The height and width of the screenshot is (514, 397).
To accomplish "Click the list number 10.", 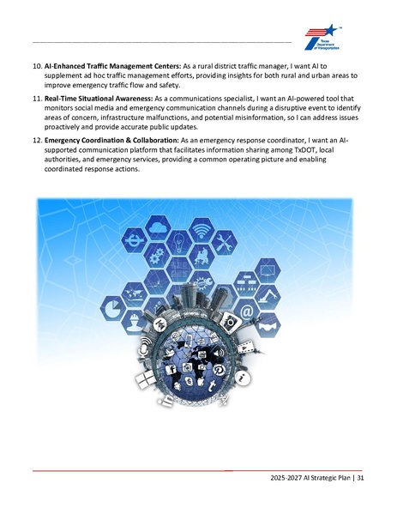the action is tap(38, 65).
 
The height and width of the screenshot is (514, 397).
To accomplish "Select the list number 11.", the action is tap(38, 99).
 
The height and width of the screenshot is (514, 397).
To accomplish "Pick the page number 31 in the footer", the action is tap(361, 479).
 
